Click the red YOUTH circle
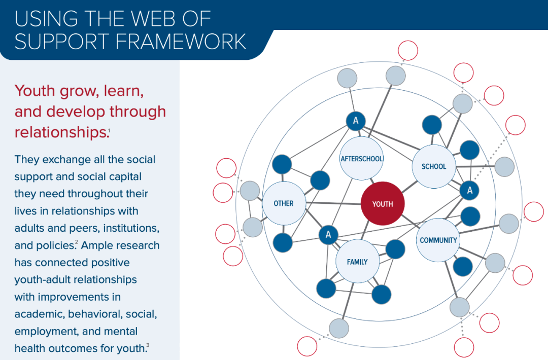383,203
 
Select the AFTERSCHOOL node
361,158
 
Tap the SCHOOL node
434,166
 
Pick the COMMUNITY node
438,240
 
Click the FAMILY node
357,261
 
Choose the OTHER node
284,203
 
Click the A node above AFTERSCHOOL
356,121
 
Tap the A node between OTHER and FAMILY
328,235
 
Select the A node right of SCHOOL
469,190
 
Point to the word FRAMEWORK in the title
181,42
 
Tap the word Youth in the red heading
35,91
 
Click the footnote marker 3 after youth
148,345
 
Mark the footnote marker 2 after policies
76,242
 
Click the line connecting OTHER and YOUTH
333,203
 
